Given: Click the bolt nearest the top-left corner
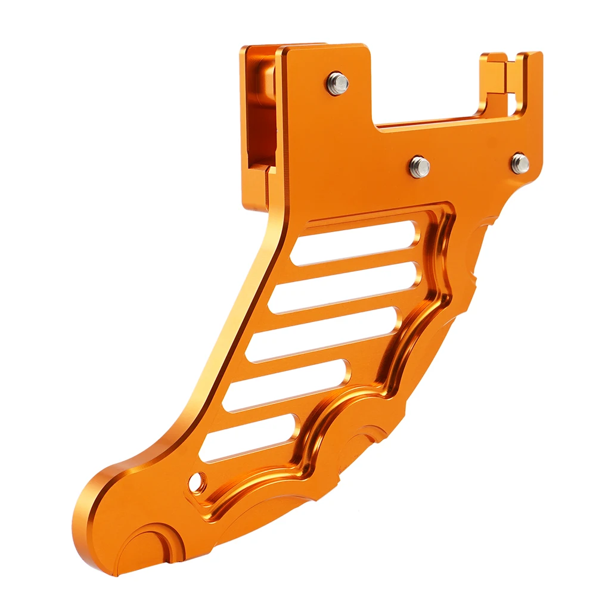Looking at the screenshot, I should (337, 83).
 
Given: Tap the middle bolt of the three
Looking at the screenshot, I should (420, 166).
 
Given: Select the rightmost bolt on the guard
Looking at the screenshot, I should (520, 162).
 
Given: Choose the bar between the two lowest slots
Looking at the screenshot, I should (268, 411).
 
